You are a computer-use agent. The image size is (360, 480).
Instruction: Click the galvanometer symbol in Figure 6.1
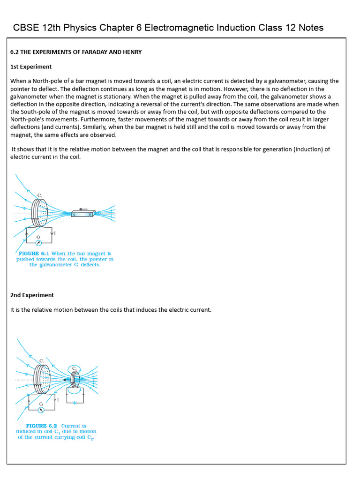38,243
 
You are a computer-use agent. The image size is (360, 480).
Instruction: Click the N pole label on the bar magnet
74,215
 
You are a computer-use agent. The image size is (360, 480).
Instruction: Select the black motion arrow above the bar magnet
83,209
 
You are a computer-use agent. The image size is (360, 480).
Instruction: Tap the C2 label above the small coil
74,369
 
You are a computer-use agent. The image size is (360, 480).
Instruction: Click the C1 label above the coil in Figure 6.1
40,195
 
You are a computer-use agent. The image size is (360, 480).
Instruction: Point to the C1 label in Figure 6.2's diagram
42,360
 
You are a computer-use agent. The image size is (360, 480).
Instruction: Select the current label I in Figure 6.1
55,233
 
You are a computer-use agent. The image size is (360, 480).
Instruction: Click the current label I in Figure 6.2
58,400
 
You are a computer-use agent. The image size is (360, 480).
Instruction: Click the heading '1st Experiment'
31,67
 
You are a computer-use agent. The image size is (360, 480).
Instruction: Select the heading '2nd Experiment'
32,295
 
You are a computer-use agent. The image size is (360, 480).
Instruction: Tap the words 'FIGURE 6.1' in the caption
34,254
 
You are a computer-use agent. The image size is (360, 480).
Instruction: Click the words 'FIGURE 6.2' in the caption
41,426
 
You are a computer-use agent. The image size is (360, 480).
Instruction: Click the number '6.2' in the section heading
15,52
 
